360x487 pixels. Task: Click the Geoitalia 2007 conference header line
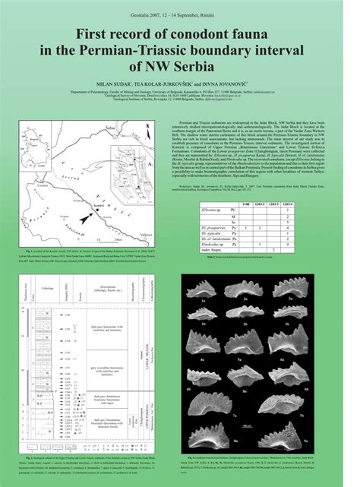pyautogui.click(x=180, y=6)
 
